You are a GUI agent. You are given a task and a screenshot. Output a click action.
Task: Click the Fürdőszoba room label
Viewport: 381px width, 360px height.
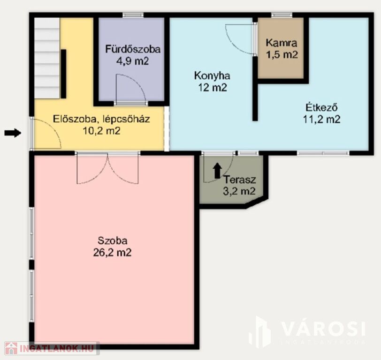tap(133, 49)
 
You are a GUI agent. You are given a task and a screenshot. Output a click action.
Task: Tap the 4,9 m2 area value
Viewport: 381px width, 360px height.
tap(132, 61)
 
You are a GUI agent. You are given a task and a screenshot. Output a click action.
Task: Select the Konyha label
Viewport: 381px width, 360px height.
tap(212, 76)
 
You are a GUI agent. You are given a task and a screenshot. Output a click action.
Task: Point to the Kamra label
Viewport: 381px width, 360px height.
tap(282, 43)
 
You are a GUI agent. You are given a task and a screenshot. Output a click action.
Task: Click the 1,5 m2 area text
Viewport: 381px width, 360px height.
tap(282, 54)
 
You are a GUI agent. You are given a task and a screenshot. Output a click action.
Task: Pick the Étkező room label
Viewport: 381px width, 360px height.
tap(322, 107)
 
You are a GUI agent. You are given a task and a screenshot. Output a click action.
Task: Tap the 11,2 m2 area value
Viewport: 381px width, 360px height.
tap(321, 119)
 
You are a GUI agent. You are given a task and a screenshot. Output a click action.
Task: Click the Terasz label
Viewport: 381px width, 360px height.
tap(240, 180)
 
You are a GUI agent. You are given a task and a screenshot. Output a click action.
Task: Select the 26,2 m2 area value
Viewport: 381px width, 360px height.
tap(112, 253)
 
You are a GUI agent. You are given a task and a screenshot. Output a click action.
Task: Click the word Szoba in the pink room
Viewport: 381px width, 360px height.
tap(113, 240)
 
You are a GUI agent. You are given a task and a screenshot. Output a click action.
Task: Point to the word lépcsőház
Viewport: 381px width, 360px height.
tap(126, 119)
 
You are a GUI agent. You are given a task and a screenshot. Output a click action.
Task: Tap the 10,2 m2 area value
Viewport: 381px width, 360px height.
tap(101, 131)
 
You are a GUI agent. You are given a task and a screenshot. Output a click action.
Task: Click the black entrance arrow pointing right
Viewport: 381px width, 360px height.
tap(13, 133)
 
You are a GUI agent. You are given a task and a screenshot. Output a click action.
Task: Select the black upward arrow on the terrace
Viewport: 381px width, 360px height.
tap(217, 171)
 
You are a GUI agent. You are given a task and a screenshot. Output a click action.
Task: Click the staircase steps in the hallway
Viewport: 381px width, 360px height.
tap(47, 58)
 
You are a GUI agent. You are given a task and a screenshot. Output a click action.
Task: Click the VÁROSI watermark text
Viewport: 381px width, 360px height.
tap(324, 329)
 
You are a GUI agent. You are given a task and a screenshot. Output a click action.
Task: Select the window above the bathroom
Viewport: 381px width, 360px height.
tap(133, 15)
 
